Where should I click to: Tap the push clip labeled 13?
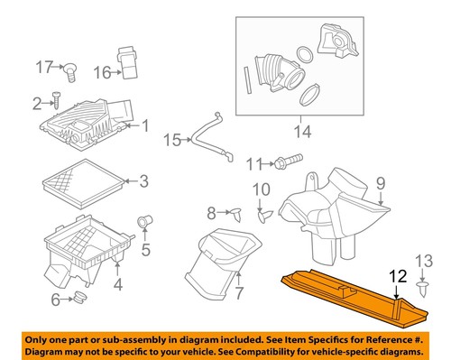[x=422, y=287]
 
